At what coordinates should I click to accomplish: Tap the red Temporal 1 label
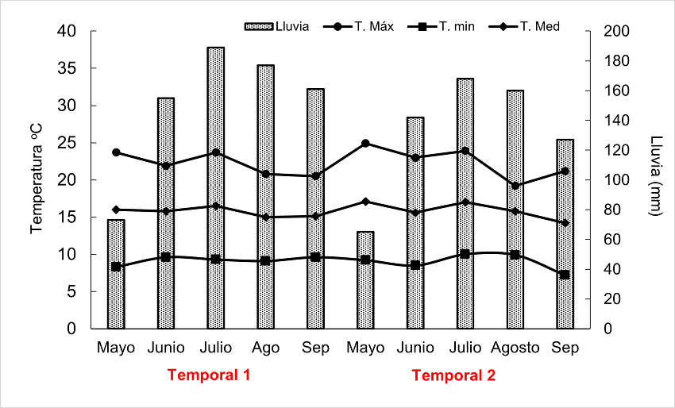[209, 375]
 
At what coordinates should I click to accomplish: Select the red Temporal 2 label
[453, 375]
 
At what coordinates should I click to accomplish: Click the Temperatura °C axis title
[36, 179]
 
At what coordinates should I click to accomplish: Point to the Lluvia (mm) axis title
[656, 179]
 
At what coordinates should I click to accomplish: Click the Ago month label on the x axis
[266, 348]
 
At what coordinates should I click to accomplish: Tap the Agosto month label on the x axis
[515, 348]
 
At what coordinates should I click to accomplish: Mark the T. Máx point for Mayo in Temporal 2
[365, 144]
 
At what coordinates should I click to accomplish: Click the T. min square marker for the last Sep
[565, 275]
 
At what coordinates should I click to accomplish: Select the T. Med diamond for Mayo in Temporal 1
[116, 210]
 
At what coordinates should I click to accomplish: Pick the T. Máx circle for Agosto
[515, 186]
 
